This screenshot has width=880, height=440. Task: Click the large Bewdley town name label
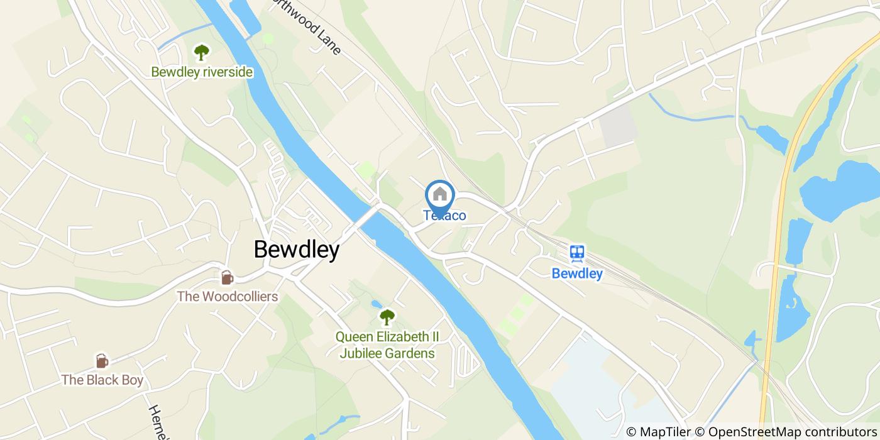pos(296,250)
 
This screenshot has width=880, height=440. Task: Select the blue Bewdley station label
pos(577,273)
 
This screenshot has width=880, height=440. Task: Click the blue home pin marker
pos(440,195)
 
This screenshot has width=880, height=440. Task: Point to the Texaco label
pos(444,216)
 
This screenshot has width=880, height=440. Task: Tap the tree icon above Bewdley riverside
pos(201,52)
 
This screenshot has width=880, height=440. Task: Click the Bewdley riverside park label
pos(202,72)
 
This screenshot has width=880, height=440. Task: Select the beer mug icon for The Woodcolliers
pos(226,277)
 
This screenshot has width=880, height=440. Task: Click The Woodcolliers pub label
pos(227,296)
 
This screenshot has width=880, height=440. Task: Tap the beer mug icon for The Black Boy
pos(101,361)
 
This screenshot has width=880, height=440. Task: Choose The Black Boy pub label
pos(102,380)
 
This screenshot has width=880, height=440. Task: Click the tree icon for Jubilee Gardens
pos(387,316)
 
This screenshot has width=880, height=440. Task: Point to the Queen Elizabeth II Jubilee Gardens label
pos(387,345)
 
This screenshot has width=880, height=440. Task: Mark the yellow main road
pos(779,251)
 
